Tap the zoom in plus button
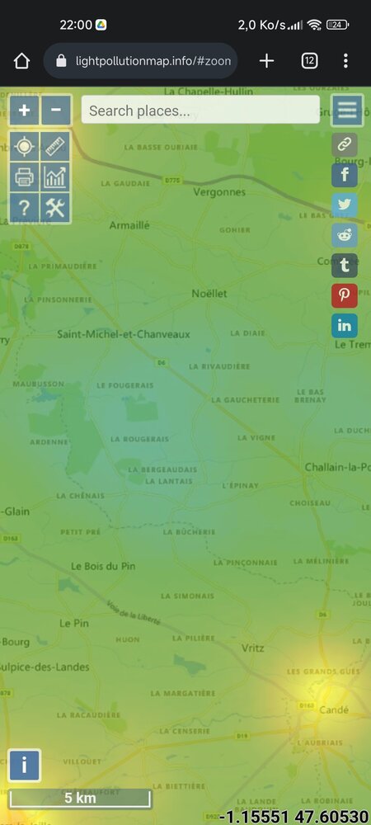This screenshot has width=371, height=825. pyautogui.click(x=24, y=110)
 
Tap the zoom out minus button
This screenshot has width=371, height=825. pyautogui.click(x=55, y=110)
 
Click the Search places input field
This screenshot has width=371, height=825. pyautogui.click(x=200, y=110)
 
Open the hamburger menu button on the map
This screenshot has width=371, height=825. pyautogui.click(x=347, y=111)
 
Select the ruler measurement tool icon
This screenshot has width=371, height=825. pyautogui.click(x=55, y=147)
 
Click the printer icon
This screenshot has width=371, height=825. pyautogui.click(x=24, y=177)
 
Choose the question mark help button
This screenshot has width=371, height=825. pyautogui.click(x=24, y=208)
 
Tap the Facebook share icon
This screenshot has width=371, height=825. pyautogui.click(x=344, y=175)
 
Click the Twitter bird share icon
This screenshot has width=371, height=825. pyautogui.click(x=344, y=205)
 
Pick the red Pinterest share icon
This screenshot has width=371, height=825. pyautogui.click(x=344, y=295)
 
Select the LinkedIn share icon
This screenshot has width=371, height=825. pyautogui.click(x=344, y=325)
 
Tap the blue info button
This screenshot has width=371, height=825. pyautogui.click(x=24, y=765)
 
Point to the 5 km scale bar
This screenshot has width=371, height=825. pyautogui.click(x=80, y=799)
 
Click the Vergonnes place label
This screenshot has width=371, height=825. pyautogui.click(x=219, y=192)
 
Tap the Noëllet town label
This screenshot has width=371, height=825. pyautogui.click(x=209, y=294)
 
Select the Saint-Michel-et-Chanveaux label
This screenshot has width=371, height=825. pyautogui.click(x=124, y=334)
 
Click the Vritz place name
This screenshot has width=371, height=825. pyautogui.click(x=252, y=648)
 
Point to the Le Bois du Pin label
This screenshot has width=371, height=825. pyautogui.click(x=103, y=566)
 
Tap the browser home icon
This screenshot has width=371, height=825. pyautogui.click(x=22, y=61)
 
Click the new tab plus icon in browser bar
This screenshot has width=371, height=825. pyautogui.click(x=266, y=61)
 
